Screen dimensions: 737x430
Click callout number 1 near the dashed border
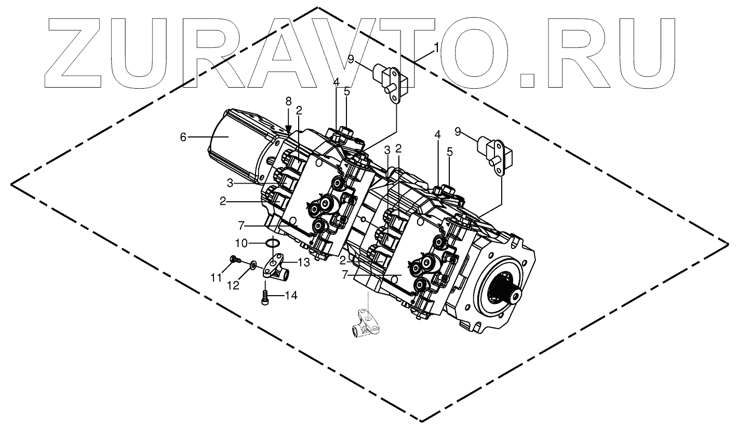point(436,48)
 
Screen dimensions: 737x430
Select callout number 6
point(182,137)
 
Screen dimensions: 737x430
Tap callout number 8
point(289,101)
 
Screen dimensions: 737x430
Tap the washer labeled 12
point(252,265)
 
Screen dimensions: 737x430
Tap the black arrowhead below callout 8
point(289,127)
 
